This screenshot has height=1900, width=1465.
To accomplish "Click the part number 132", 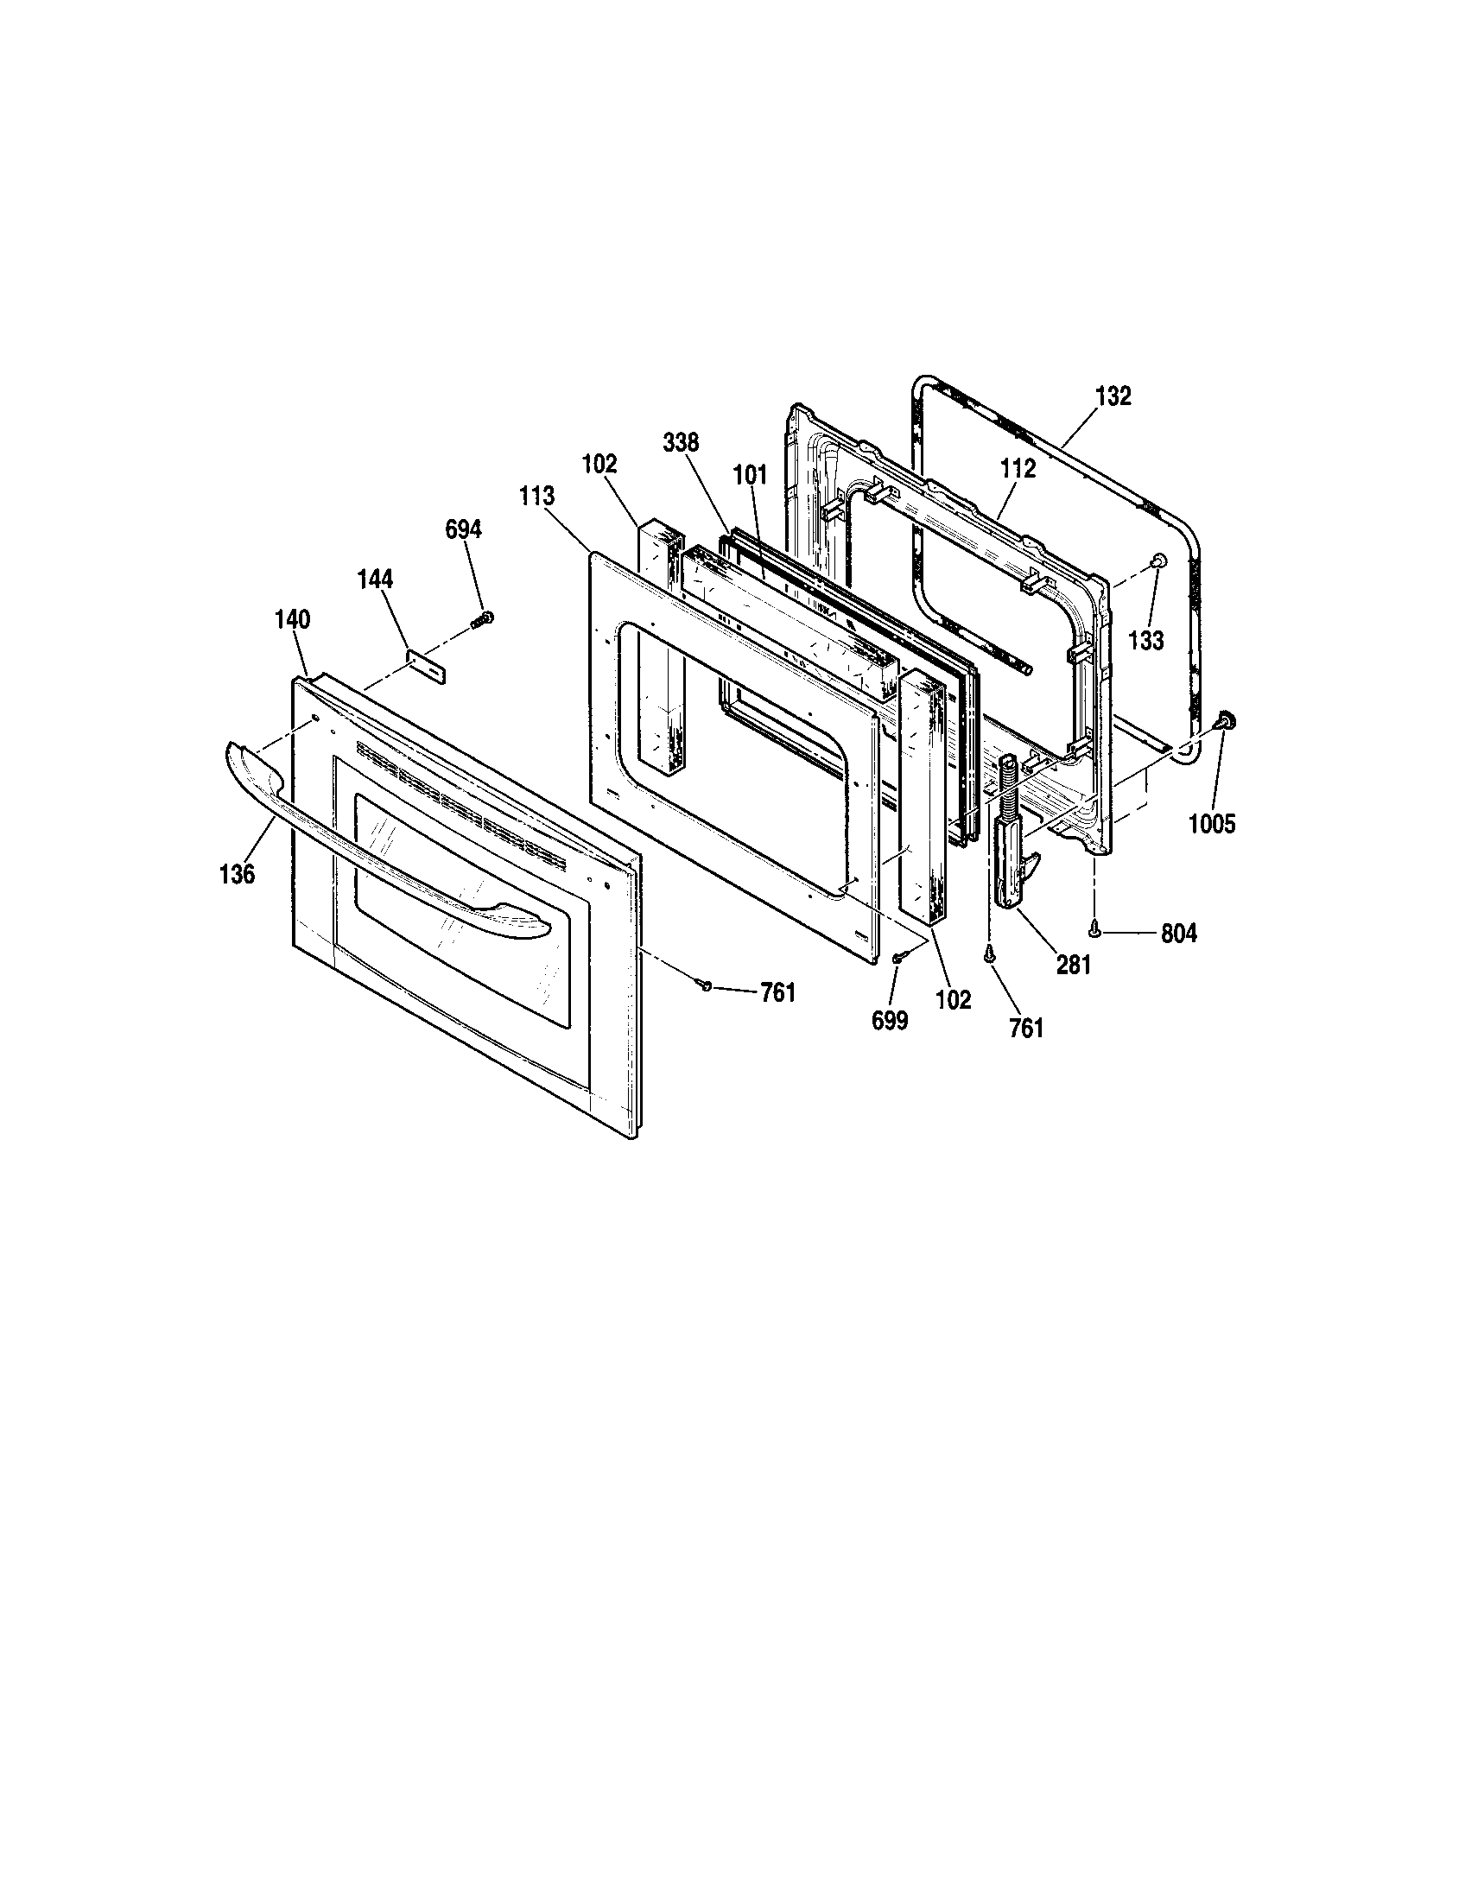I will click(x=1113, y=396).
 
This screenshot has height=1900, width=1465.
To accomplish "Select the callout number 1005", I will click(x=1212, y=823).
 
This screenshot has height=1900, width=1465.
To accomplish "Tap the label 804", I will click(x=1178, y=934).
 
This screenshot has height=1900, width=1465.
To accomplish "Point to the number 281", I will click(x=1073, y=965).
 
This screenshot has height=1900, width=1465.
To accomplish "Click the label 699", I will click(x=889, y=1022).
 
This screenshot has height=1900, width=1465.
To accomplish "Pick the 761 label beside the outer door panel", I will click(x=777, y=992).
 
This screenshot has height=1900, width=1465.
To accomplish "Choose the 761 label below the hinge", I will click(x=1025, y=1029).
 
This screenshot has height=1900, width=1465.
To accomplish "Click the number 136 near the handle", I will click(x=237, y=874).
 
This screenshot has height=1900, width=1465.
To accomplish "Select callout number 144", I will click(x=374, y=579).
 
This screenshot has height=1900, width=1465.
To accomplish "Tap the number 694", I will click(x=463, y=529).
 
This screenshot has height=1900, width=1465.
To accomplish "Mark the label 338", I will click(x=681, y=443).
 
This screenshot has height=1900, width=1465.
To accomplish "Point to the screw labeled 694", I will click(x=482, y=619).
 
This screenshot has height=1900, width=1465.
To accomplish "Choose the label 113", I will click(x=536, y=497).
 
